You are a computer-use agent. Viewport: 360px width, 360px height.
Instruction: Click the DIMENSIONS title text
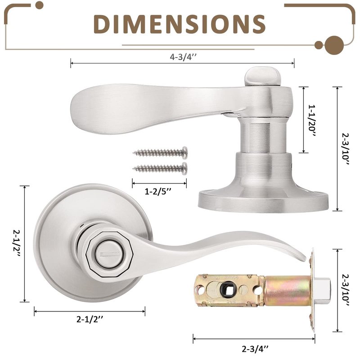tap(179, 24)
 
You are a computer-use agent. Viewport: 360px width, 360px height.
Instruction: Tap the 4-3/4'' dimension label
tap(183, 57)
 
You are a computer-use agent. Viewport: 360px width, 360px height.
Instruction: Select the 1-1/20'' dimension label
tap(312, 121)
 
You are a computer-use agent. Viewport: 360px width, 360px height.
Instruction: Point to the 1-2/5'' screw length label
tap(158, 191)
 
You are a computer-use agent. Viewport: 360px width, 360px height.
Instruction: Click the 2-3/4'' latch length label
tap(255, 349)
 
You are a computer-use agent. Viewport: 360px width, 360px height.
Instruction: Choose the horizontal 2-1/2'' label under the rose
tap(90, 319)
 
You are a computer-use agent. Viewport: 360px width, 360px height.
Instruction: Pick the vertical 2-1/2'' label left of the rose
tap(17, 243)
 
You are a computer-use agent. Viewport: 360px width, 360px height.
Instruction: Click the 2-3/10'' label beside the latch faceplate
tap(346, 290)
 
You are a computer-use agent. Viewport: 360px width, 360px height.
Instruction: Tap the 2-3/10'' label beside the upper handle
tap(346, 149)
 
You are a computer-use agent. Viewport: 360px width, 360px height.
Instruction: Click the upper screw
tap(160, 153)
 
